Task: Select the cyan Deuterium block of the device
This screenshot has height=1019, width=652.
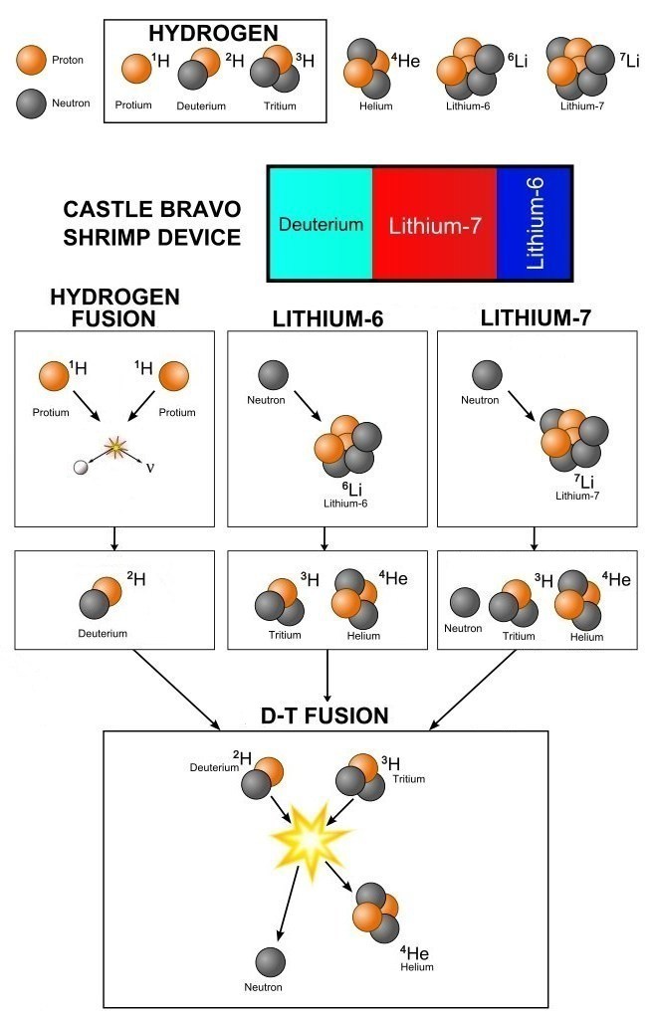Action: [320, 224]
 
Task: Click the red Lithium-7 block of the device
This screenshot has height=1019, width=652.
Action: [434, 224]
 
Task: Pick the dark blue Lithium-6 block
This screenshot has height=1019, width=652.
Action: [534, 224]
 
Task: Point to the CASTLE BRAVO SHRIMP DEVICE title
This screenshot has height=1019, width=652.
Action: [151, 224]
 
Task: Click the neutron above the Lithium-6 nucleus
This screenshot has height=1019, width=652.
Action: [274, 376]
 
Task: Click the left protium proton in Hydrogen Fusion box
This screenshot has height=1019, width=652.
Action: [53, 377]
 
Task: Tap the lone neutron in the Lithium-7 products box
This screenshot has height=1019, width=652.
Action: [465, 603]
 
